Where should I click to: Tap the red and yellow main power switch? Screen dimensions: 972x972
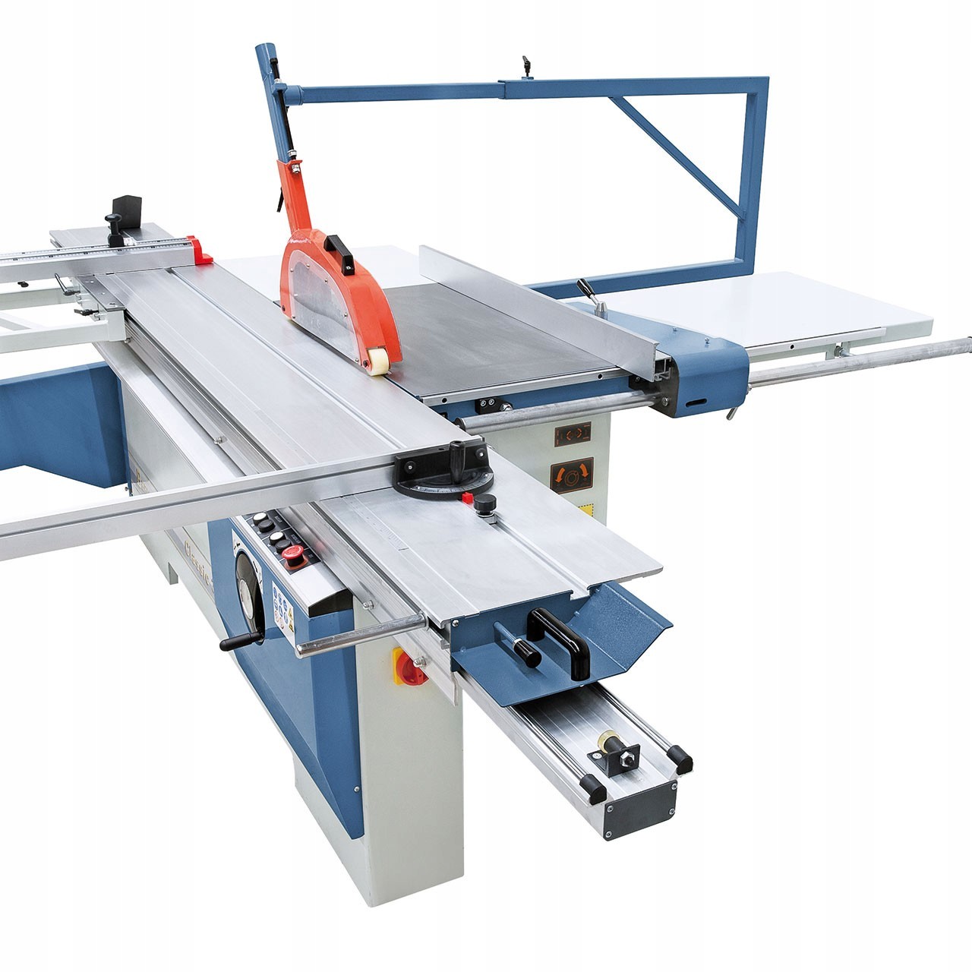pos(412,667)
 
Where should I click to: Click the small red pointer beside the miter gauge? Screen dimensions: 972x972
pos(467,498)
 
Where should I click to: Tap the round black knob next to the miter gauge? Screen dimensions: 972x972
pos(486,503)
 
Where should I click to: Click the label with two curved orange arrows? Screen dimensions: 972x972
pos(572,475)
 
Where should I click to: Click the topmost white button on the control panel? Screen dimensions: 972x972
pos(260,519)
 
